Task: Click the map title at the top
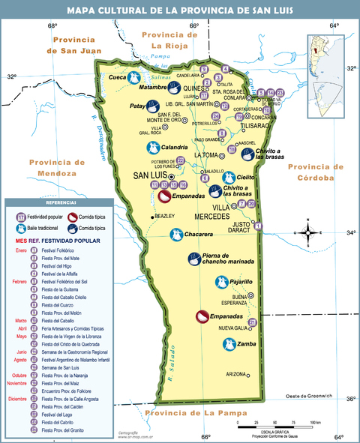180,10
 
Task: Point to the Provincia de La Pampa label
193,413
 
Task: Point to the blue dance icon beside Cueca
133,77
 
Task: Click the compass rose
309,232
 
